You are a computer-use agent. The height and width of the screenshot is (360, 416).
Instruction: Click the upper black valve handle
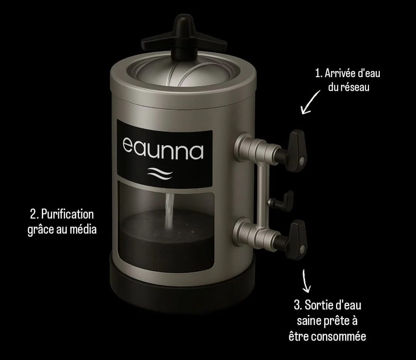[x=295, y=150]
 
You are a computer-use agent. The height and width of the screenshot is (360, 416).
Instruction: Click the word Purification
[x=67, y=215]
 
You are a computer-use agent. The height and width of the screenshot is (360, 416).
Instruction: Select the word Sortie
[x=317, y=305]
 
